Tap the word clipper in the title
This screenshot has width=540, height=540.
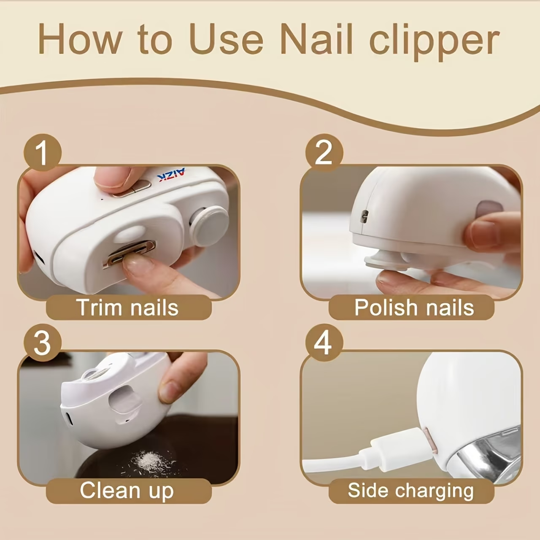(435, 42)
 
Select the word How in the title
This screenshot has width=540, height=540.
(80, 39)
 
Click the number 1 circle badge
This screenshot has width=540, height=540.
(43, 153)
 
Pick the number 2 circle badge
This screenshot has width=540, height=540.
(324, 153)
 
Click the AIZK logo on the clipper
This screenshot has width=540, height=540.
(171, 175)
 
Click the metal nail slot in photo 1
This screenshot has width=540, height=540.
(129, 254)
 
